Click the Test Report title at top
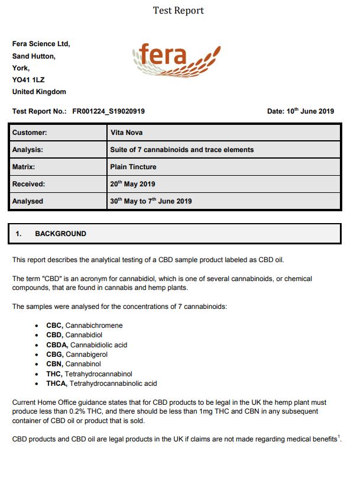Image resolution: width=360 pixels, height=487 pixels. pos(178,11)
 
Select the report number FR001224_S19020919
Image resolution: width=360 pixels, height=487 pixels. pos(109,111)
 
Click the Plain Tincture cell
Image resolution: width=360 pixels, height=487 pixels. pos(134,167)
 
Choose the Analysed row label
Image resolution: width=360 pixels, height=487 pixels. pos(28,201)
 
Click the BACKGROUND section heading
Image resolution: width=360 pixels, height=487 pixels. pos(60,234)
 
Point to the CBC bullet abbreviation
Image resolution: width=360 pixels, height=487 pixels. pos(54,325)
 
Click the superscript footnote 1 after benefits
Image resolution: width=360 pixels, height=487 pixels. pos(340,437)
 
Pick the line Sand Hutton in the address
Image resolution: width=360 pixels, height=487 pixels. pos(34,56)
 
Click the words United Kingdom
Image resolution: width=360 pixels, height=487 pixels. pos(39,92)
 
